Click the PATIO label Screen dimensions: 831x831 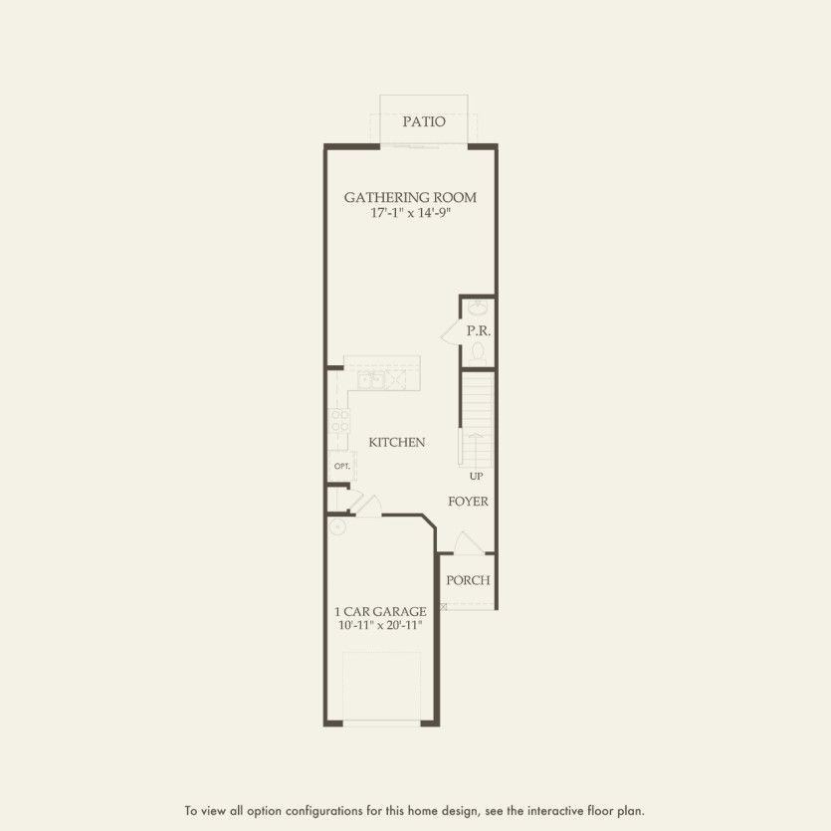pyautogui.click(x=423, y=122)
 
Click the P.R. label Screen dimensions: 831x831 pyautogui.click(x=477, y=328)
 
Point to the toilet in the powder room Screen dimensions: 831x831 pyautogui.click(x=479, y=350)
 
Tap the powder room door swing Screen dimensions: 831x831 pyautogui.click(x=450, y=332)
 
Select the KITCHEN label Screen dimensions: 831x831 pyautogui.click(x=397, y=442)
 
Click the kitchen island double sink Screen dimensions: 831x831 pyautogui.click(x=371, y=380)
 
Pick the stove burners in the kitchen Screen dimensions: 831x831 pyautogui.click(x=337, y=420)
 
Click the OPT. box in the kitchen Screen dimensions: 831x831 pyautogui.click(x=340, y=466)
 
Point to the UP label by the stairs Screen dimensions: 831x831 pyautogui.click(x=477, y=477)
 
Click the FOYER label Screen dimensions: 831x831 pyautogui.click(x=468, y=502)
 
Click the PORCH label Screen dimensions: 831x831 pyautogui.click(x=468, y=580)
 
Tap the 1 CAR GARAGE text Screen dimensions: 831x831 pyautogui.click(x=380, y=611)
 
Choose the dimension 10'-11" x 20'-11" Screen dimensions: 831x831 pyautogui.click(x=380, y=626)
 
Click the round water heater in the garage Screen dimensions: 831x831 pyautogui.click(x=336, y=526)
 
